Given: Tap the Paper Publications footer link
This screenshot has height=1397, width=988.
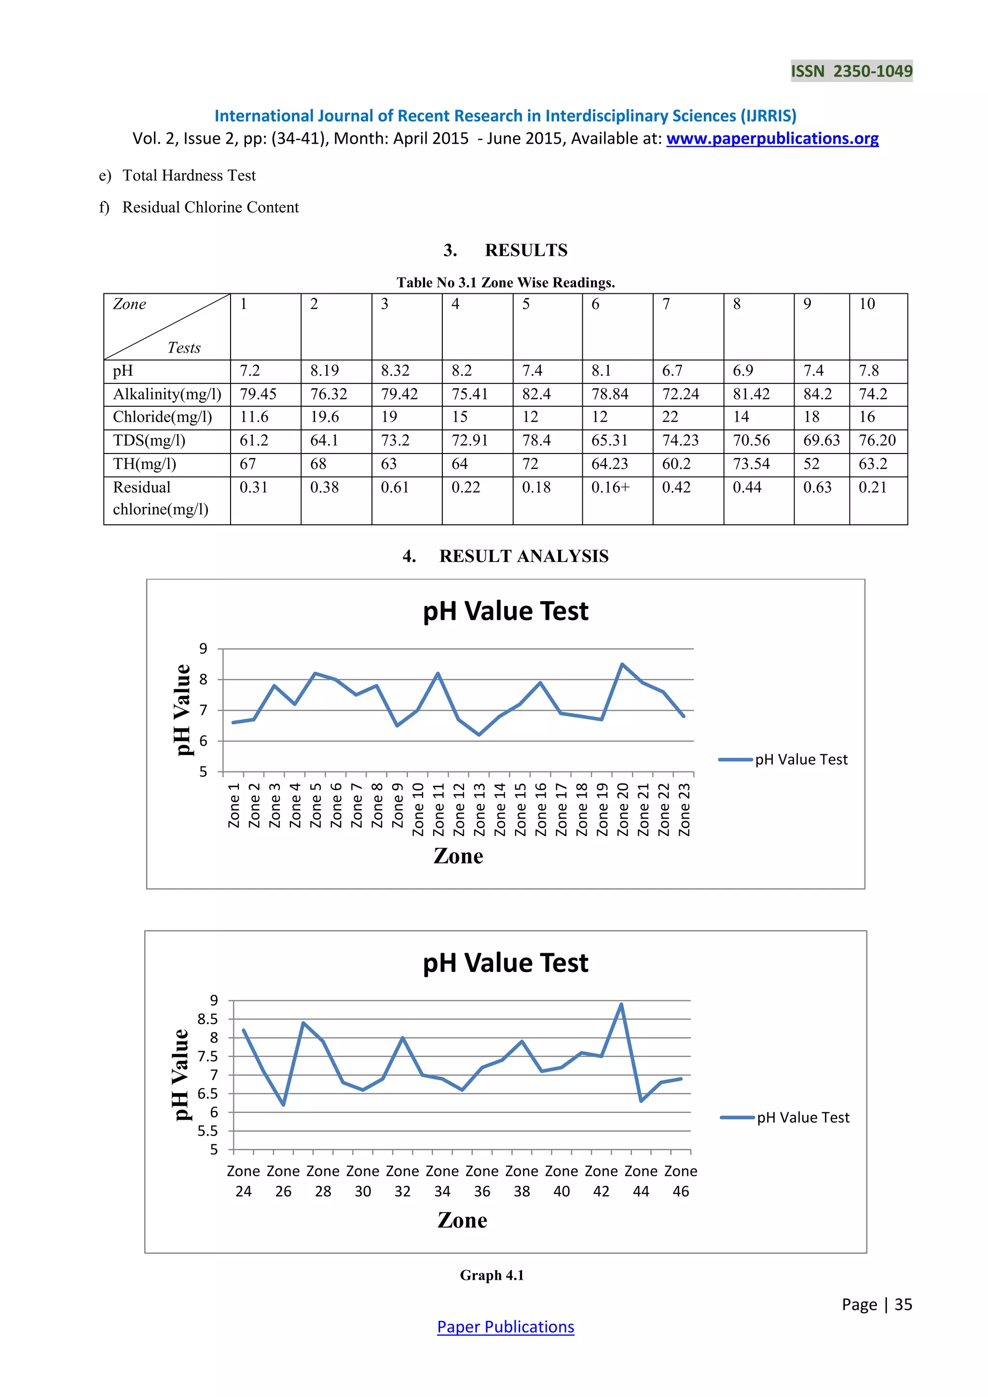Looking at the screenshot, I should click(x=505, y=1327).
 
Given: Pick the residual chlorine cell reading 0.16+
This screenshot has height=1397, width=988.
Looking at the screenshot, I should click(x=610, y=487).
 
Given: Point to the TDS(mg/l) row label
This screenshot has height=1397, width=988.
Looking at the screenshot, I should click(x=149, y=440).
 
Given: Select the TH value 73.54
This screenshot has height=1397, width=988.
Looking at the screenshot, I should click(x=751, y=464).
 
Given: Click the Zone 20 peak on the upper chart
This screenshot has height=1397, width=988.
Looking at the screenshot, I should click(x=622, y=664).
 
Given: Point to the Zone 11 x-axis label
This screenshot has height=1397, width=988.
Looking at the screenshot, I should click(x=439, y=809).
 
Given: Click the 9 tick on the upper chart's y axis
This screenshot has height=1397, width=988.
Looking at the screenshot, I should click(x=203, y=649).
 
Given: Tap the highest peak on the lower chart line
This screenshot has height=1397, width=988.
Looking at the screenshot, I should click(x=621, y=1004).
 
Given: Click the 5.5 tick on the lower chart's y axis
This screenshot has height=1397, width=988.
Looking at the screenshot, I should click(x=207, y=1131).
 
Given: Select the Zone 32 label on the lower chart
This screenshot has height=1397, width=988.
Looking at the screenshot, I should click(x=402, y=1181).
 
